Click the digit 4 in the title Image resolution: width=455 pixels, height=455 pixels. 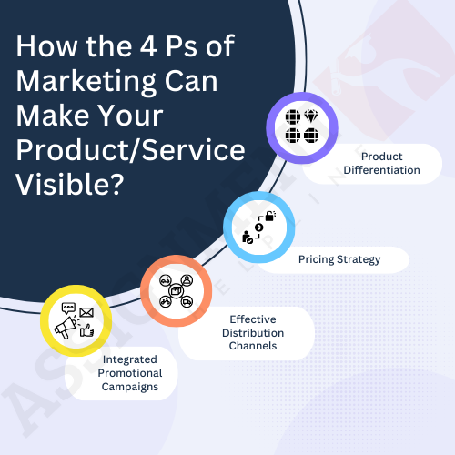coord(148,46)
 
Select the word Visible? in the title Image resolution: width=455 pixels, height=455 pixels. coord(70,185)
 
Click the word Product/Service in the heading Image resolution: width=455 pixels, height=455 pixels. coord(130,150)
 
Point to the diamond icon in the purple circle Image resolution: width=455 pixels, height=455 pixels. coord(311,116)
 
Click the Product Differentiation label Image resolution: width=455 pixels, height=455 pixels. coord(381,163)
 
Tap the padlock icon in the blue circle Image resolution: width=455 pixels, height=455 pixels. coord(270,216)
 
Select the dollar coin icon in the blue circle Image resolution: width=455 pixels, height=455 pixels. coord(258,227)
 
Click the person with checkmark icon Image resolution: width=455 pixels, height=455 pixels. coord(248,238)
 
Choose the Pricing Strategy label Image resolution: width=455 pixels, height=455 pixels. coord(339,259)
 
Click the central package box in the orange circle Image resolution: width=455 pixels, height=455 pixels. coord(176,290)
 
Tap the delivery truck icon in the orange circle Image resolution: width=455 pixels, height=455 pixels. coord(187,302)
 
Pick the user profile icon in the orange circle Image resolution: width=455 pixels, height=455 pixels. coord(187,280)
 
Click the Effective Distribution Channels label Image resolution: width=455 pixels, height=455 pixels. coord(253,332)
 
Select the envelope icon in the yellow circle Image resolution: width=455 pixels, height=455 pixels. coord(86,312)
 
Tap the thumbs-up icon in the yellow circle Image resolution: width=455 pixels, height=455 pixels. coord(86,330)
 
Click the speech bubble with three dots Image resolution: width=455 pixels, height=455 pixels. coord(68,308)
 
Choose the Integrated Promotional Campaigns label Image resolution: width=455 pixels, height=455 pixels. coord(130,373)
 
